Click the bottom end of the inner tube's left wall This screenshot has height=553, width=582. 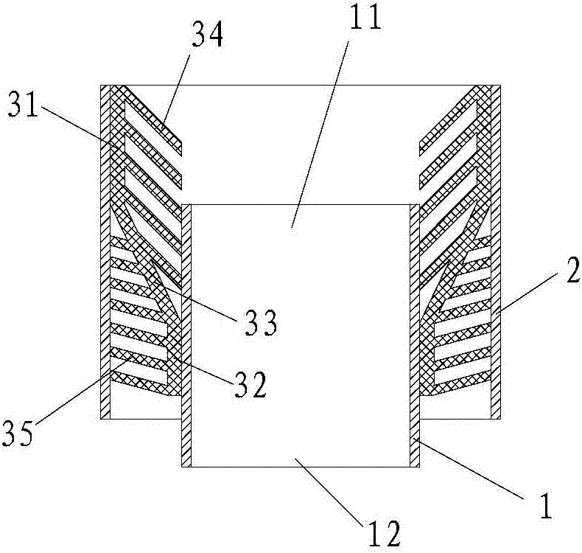pos(186,466)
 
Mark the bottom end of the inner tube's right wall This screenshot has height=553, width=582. pos(415,466)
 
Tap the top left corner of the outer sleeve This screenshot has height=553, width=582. pos(101,86)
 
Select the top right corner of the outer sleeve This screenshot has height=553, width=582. pos(502,86)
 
